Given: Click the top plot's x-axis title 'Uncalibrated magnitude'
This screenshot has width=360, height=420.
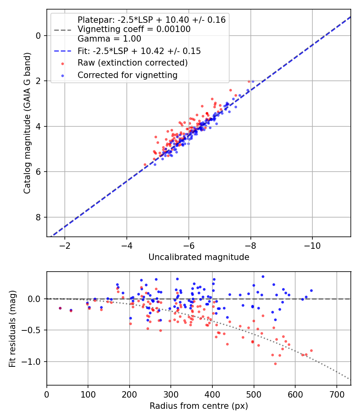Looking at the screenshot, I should [x=199, y=257].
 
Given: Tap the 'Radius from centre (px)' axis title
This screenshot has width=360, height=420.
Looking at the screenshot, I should [x=199, y=406].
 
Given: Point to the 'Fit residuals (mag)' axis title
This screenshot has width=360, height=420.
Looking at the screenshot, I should [x=13, y=328].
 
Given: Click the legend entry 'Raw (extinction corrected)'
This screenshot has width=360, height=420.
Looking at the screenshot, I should [x=132, y=63].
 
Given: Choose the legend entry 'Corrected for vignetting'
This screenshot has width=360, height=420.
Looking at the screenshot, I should [x=127, y=75].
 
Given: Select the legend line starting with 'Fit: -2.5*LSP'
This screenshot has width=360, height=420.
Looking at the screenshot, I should [x=139, y=51].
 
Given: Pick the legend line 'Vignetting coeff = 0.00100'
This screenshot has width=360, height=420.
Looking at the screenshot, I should [x=134, y=29].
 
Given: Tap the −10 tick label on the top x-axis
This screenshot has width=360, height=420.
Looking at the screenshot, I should [x=312, y=245].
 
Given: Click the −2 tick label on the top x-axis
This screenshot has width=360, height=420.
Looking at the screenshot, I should [x=65, y=245].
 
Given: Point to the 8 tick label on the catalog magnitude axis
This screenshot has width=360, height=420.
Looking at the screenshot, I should [x=38, y=217].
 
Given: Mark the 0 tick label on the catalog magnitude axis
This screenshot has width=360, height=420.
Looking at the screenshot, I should [x=38, y=36].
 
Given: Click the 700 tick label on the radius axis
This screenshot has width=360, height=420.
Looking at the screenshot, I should [x=336, y=394].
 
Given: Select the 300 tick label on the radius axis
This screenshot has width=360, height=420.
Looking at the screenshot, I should [x=171, y=394].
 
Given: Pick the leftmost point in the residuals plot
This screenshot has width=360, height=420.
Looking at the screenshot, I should [x=60, y=308].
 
